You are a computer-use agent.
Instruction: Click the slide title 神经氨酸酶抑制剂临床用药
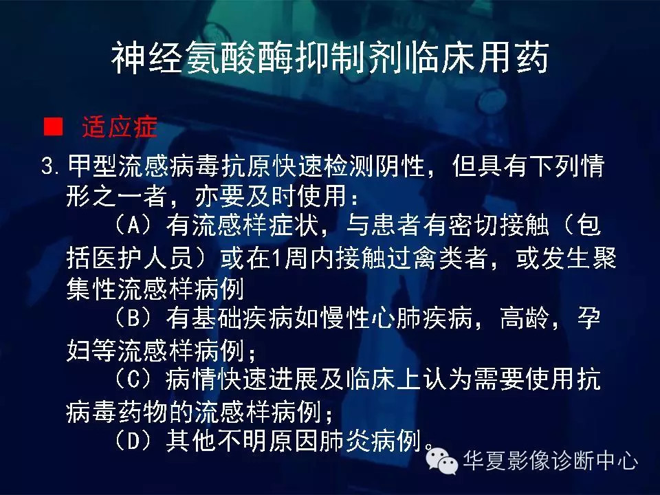330,59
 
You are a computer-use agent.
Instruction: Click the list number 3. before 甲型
52,166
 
